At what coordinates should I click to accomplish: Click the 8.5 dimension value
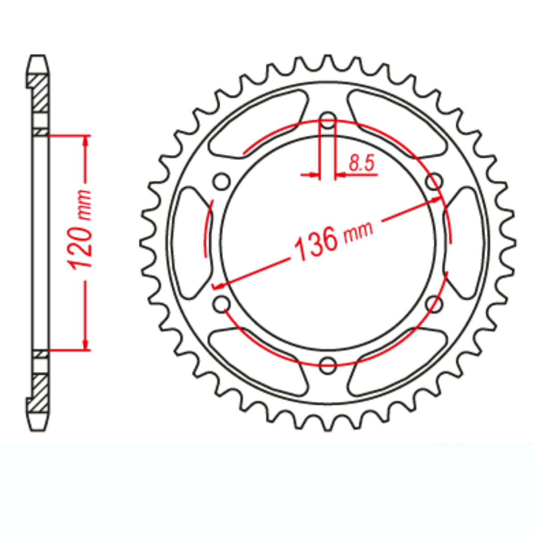click(361, 164)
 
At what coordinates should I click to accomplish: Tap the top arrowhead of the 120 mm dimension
click(86, 140)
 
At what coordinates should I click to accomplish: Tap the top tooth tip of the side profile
click(38, 58)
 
